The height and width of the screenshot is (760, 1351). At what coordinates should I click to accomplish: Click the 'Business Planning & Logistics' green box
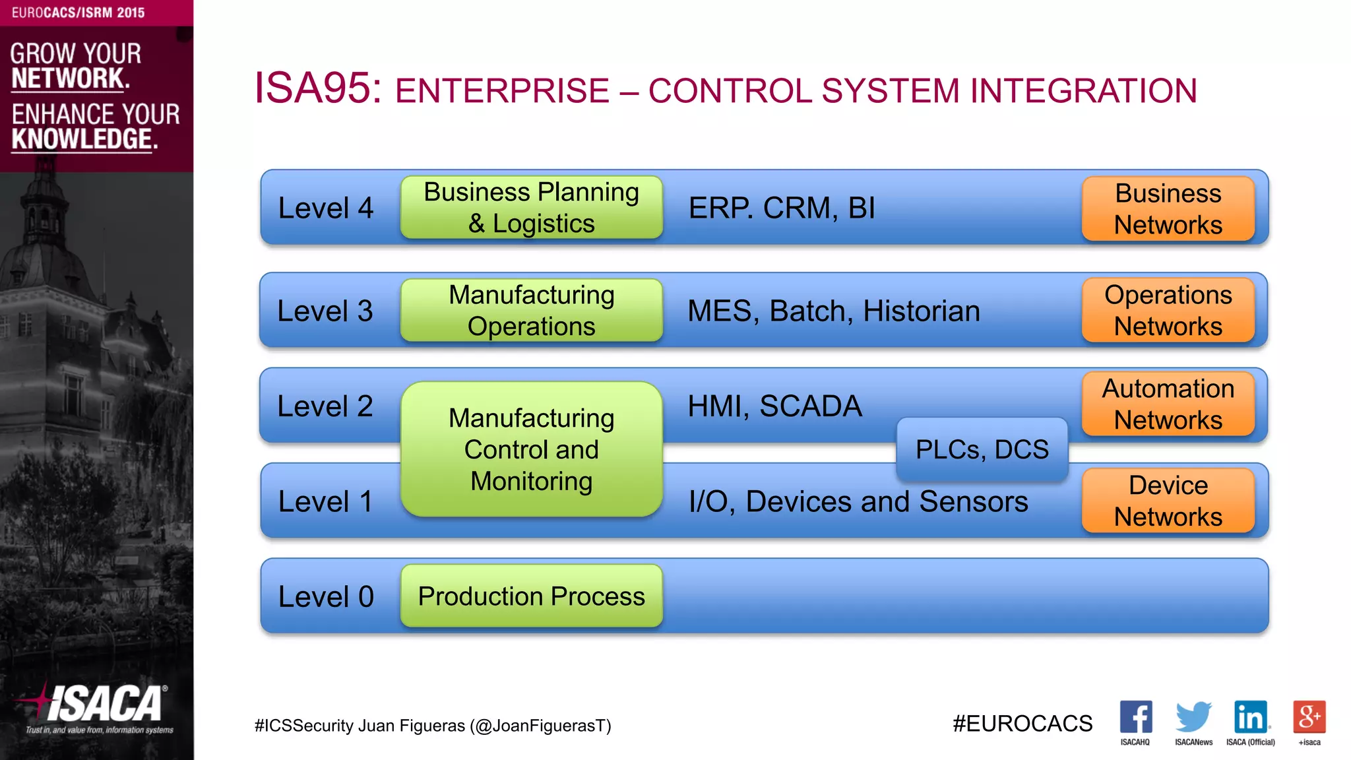point(531,207)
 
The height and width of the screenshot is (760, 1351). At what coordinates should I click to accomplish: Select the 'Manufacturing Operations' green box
point(531,310)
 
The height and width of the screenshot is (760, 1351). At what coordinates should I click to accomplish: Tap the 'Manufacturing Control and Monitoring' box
point(531,449)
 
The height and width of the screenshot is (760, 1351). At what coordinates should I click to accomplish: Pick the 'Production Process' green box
point(531,596)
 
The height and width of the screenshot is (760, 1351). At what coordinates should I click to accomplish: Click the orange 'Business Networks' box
point(1168,208)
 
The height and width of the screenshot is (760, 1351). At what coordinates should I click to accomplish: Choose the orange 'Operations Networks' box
point(1168,310)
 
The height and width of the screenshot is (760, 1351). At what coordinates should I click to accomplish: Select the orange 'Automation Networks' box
point(1168,404)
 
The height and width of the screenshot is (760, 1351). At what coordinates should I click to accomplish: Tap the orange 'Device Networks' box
point(1168,500)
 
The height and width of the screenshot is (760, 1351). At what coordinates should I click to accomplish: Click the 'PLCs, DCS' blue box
point(982,449)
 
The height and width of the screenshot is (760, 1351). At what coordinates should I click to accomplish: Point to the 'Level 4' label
point(326,208)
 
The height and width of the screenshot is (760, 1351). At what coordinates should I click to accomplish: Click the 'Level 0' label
point(326,596)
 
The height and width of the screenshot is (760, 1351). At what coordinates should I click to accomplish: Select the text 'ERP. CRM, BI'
point(782,208)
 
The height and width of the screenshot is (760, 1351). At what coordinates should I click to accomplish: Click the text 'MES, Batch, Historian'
point(833,311)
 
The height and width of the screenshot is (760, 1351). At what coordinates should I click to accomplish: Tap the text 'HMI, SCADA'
point(774,406)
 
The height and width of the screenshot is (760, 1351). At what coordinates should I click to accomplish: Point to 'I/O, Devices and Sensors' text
point(858,501)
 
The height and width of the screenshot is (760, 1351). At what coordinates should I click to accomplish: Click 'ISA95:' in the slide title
point(318,88)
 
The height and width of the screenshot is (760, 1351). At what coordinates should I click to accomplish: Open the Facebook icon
point(1135,716)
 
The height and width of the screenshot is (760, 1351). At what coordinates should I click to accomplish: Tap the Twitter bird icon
point(1193,716)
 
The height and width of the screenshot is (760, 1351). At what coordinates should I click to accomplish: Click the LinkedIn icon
point(1251,716)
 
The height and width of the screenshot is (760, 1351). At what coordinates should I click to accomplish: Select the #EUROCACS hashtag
point(1022,724)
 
